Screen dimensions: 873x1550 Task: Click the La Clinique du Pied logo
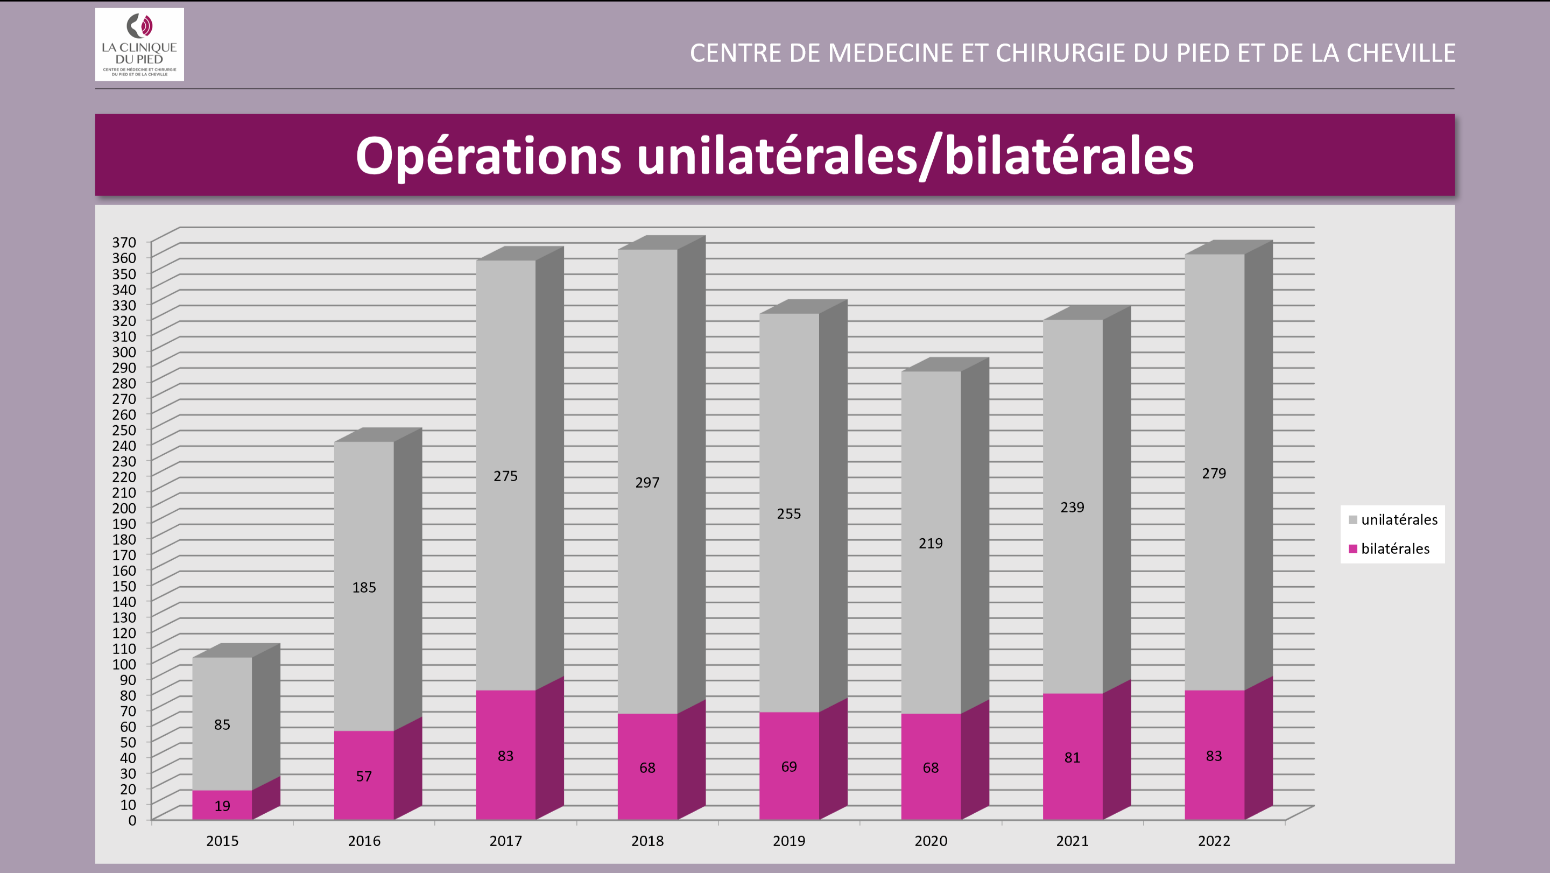[x=139, y=45]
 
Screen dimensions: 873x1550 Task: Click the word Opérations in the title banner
[x=488, y=156]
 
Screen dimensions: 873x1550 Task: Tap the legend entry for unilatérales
[x=1392, y=520]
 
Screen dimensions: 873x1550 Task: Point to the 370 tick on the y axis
[x=124, y=242]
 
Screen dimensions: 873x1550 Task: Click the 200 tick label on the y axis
[x=124, y=508]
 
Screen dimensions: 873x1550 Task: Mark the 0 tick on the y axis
[x=132, y=820]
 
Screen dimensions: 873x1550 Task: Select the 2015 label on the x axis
[x=222, y=841]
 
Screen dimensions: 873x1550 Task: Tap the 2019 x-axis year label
[x=789, y=841]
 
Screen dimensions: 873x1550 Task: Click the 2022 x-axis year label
[x=1214, y=841]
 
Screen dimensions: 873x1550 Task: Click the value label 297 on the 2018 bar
[x=647, y=483]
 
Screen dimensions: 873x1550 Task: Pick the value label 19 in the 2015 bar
[x=222, y=806]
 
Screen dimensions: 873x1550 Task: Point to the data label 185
[x=364, y=587]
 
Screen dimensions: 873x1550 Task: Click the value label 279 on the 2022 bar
[x=1214, y=474]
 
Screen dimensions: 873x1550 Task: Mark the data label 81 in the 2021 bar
[x=1072, y=757]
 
